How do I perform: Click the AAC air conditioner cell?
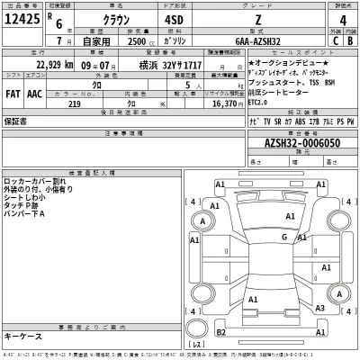[33, 91]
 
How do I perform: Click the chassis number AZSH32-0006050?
[301, 143]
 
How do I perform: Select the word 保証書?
[15, 119]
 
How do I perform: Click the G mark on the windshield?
[283, 237]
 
